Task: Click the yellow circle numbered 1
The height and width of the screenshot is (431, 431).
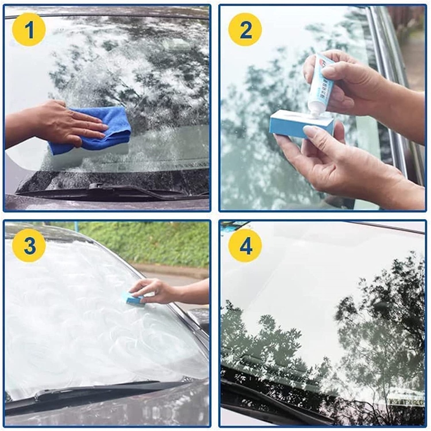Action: [28, 29]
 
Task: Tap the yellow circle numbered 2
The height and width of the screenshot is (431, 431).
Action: [245, 29]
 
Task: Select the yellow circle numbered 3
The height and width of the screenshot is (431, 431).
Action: [28, 245]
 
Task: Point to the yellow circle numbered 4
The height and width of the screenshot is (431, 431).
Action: [245, 245]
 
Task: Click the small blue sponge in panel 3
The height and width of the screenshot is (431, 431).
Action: [132, 298]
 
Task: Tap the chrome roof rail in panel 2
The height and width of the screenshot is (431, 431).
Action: [390, 86]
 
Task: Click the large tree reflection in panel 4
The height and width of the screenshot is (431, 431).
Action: [379, 328]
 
